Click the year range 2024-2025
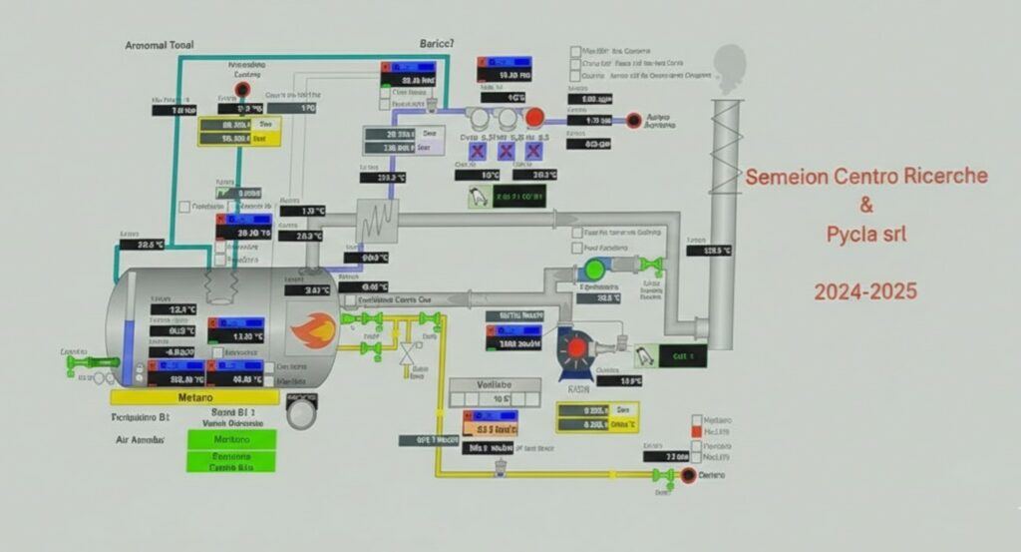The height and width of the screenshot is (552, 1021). tap(864, 292)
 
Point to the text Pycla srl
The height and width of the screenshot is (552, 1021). tap(865, 236)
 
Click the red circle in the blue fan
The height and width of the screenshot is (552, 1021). tap(576, 347)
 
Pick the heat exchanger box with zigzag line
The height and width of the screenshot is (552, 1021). tap(376, 221)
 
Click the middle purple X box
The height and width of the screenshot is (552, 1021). tap(506, 151)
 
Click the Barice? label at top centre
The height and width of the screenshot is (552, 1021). tap(436, 44)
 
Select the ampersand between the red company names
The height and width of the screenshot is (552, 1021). tap(865, 207)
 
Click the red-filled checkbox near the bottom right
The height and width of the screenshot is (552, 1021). tap(697, 431)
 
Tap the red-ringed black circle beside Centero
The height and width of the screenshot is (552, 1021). tap(687, 475)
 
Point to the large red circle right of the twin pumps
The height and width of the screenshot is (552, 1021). tap(535, 118)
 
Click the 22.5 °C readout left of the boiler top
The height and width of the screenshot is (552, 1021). tap(150, 245)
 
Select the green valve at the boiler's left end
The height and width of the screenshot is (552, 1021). tap(76, 364)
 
